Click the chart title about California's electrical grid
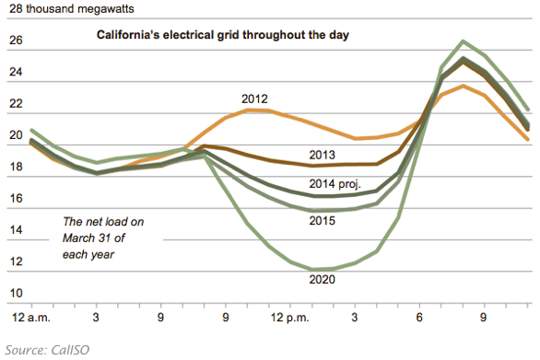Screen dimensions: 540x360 [x=222, y=35]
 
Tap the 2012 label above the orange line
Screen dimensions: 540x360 [x=254, y=99]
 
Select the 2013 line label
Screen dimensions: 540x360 [x=322, y=155]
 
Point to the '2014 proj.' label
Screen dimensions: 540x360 [x=335, y=184]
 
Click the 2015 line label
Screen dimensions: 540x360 [x=322, y=221]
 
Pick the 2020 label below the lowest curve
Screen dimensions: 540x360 [x=322, y=280]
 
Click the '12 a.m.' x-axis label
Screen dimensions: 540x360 [x=31, y=318]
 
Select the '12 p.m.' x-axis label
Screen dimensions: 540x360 [x=289, y=318]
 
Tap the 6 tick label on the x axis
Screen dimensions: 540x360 [x=419, y=318]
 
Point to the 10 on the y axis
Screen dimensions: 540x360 [x=16, y=293]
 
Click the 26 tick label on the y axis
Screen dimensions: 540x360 [x=16, y=41]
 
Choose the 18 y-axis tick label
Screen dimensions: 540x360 [x=16, y=167]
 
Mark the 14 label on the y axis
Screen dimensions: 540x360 [x=16, y=230]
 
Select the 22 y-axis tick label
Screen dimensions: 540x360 [x=16, y=104]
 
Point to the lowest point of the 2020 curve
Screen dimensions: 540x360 [x=312, y=270]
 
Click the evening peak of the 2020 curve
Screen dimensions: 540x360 [x=464, y=41]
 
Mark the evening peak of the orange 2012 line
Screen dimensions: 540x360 [x=464, y=86]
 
